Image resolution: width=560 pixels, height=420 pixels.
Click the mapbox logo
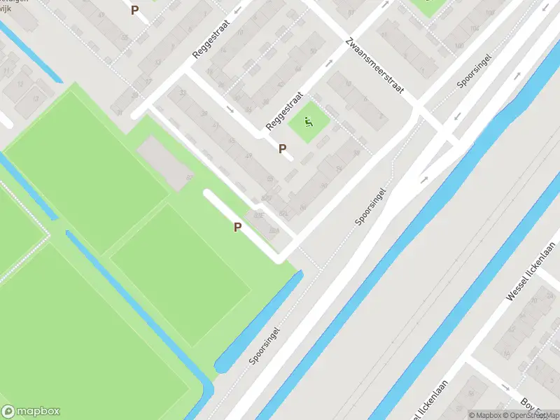pyautogui.click(x=31, y=412)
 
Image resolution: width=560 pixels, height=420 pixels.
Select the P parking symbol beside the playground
pyautogui.click(x=283, y=148)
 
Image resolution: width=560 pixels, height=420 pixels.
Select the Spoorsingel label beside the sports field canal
pyautogui.click(x=264, y=346)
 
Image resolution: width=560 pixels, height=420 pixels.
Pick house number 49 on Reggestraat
pyautogui.click(x=248, y=155)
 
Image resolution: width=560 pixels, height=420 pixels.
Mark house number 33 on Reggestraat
pyautogui.click(x=183, y=92)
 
